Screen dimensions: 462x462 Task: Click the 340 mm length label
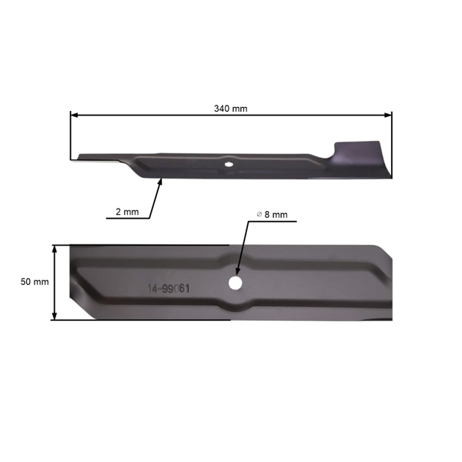tap(230, 109)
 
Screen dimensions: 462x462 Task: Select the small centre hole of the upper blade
tap(229, 163)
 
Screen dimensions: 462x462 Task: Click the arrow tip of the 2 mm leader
tap(161, 179)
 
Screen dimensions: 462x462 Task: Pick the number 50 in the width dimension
tap(26, 282)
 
